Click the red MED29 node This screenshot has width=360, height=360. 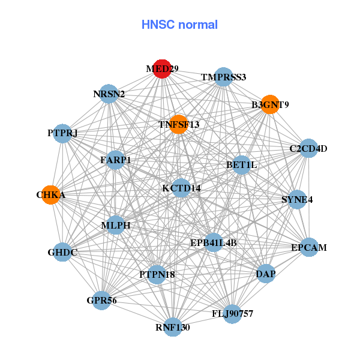coord(162,69)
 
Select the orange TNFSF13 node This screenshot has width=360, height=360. coord(178,124)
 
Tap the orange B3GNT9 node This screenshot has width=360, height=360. coord(270,104)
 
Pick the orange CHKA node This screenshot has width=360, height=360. coord(51,195)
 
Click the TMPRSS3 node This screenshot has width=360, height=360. coord(223,77)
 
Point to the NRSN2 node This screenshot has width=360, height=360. coord(109,94)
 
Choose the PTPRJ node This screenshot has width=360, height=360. coord(63,133)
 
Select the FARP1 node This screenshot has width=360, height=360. coord(116,160)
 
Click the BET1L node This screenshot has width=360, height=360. coord(241,164)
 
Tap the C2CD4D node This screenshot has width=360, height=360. coord(308,148)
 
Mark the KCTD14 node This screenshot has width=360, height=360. coord(181,188)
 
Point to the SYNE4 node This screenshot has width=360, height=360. coord(297,199)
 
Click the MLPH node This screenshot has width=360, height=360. coord(116,226)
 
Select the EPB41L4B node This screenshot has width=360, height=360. coord(214,242)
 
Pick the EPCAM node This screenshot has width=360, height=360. coord(308,247)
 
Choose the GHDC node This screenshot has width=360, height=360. coord(63,252)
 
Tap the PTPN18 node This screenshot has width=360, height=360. coord(157,274)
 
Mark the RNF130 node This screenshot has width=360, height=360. coord(173,327)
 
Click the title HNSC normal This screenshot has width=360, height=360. coord(179,25)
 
